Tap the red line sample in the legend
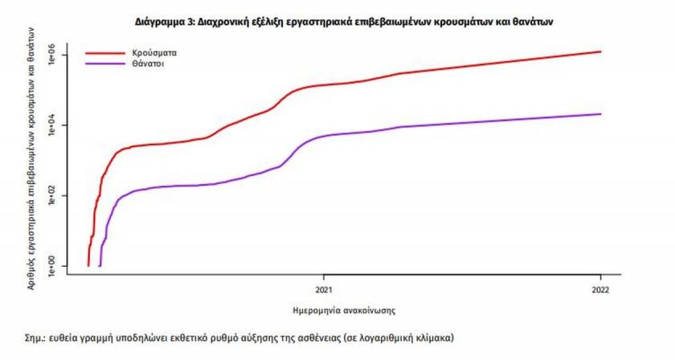coord(106,50)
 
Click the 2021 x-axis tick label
coord(323,289)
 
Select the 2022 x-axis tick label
coord(600,289)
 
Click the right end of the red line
coord(600,51)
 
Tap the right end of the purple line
coord(600,113)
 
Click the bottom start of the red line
coord(88,264)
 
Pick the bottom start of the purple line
coord(100,264)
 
